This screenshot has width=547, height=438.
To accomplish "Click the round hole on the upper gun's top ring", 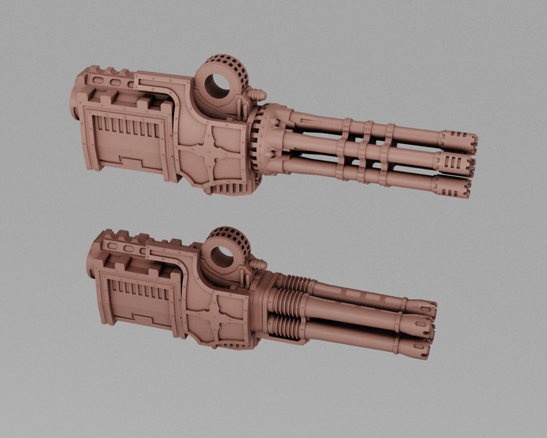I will point(218,86).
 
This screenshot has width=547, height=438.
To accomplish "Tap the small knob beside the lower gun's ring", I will point(257,263).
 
